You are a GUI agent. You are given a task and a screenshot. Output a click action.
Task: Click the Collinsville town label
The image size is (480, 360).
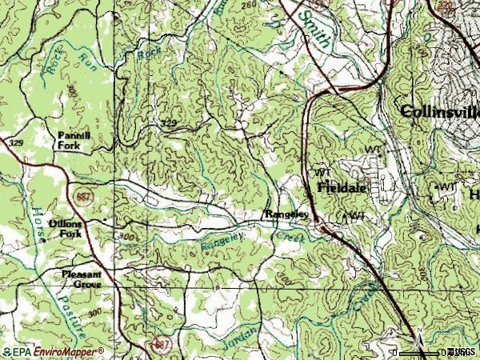(439, 111)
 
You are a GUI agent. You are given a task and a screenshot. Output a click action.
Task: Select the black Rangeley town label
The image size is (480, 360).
(286, 214)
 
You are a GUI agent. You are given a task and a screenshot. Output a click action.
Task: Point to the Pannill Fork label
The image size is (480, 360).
(74, 141)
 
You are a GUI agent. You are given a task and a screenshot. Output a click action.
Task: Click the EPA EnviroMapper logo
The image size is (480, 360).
(53, 351)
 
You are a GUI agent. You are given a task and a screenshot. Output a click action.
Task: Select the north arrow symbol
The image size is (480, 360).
(418, 344)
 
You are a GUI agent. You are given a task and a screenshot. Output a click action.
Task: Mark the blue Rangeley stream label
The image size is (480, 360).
(220, 235)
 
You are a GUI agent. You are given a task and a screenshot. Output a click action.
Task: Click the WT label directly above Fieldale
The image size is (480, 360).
(322, 172)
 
